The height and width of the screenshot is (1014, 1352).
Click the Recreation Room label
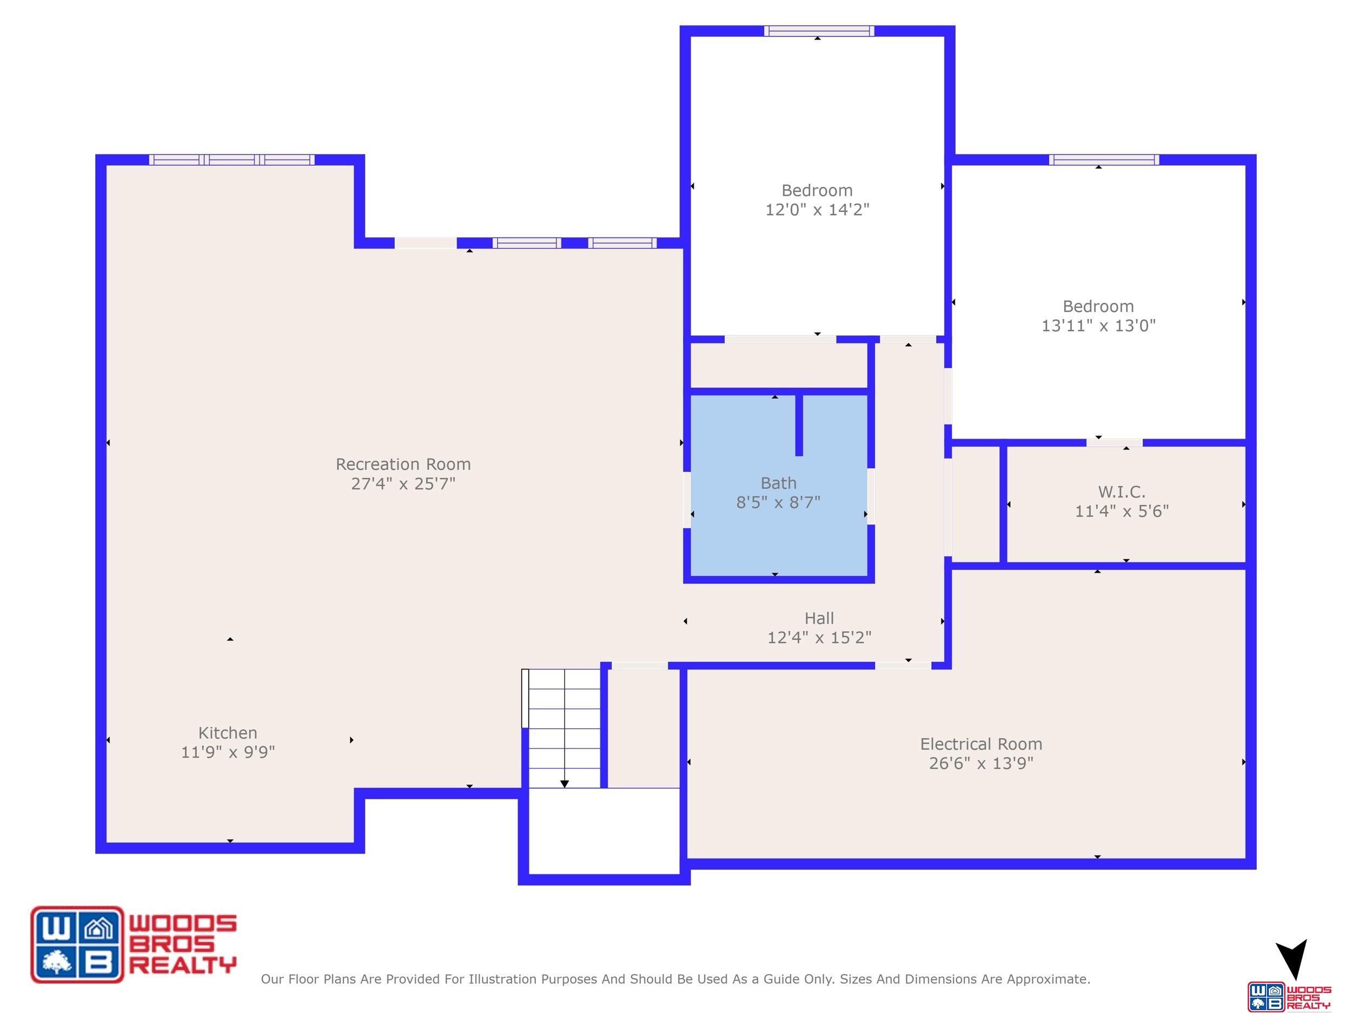click(x=403, y=465)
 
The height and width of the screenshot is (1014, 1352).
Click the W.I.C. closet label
click(x=1122, y=492)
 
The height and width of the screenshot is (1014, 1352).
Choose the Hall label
click(x=819, y=619)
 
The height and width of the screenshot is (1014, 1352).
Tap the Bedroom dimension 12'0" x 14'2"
click(x=817, y=210)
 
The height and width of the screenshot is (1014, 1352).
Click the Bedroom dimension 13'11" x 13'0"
click(x=1098, y=326)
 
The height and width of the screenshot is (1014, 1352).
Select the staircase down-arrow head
click(x=565, y=784)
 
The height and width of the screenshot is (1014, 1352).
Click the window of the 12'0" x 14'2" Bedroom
click(x=819, y=31)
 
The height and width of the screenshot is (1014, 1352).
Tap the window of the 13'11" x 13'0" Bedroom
click(x=1104, y=160)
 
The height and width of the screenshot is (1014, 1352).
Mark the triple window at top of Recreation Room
click(x=231, y=160)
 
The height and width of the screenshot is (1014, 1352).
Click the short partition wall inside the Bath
click(x=799, y=426)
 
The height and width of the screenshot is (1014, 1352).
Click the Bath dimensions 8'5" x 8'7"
click(x=778, y=502)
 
